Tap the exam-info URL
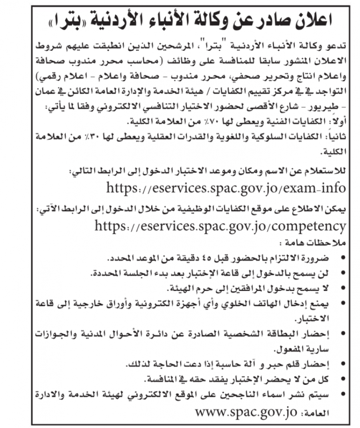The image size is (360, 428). click(x=226, y=187)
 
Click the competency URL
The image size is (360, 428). click(x=220, y=226)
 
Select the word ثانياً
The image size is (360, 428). click(x=336, y=136)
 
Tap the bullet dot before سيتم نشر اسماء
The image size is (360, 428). click(x=343, y=394)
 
